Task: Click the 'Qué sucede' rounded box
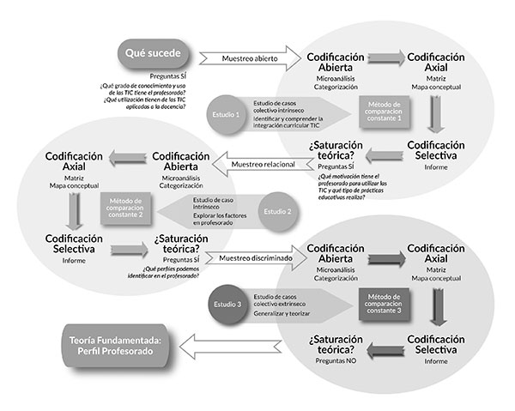coord(153,54)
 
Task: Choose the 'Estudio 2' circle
coord(278,209)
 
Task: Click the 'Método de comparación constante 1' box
coord(379,111)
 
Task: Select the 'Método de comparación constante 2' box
coord(125,209)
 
